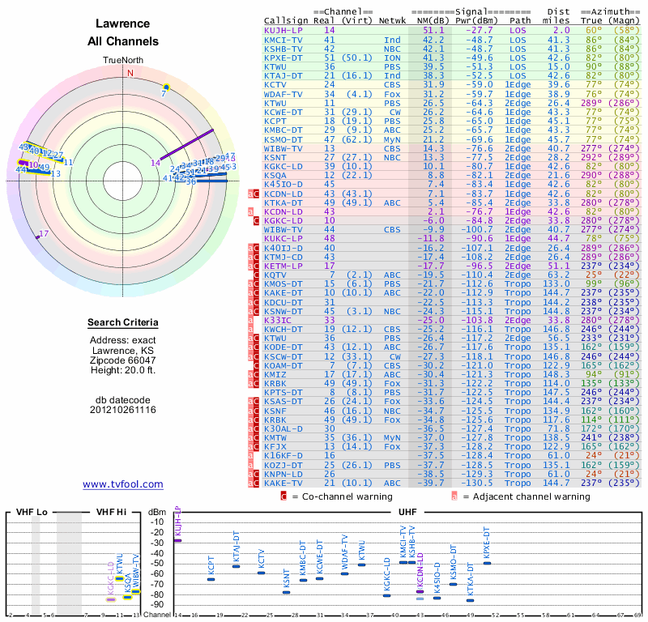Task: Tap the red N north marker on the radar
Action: [129, 72]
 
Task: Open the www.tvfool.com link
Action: [123, 484]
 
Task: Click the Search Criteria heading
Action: [123, 323]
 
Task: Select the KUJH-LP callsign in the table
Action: [285, 30]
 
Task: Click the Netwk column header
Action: [393, 20]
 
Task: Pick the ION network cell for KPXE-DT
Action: [393, 57]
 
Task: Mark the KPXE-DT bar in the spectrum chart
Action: [487, 563]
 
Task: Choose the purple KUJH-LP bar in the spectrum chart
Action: [177, 540]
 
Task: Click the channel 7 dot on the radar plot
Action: [166, 86]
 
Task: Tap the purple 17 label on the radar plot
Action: [44, 233]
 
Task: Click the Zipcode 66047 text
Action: [123, 360]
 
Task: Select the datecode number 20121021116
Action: [123, 410]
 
